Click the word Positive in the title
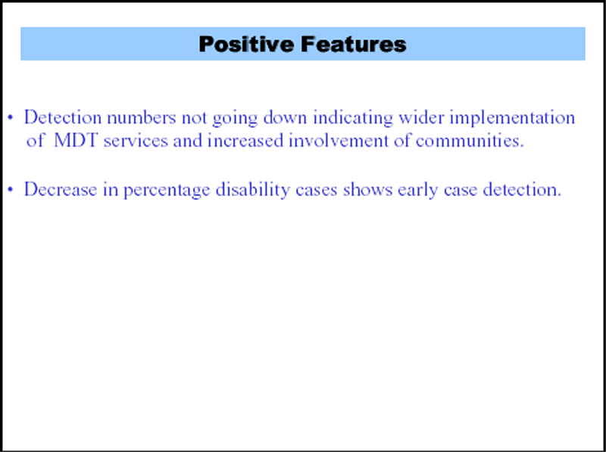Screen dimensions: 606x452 click(246, 44)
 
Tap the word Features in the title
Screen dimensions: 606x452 click(353, 44)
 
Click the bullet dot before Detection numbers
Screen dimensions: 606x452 click(11, 117)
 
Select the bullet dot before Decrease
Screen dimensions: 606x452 click(11, 189)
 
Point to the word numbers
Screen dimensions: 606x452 click(142, 117)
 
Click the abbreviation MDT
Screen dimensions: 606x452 click(76, 140)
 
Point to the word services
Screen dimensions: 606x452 click(136, 141)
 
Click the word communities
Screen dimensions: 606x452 click(470, 141)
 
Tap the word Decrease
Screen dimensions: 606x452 click(61, 189)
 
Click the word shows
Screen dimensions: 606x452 click(367, 189)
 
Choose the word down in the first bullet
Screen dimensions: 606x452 click(286, 117)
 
